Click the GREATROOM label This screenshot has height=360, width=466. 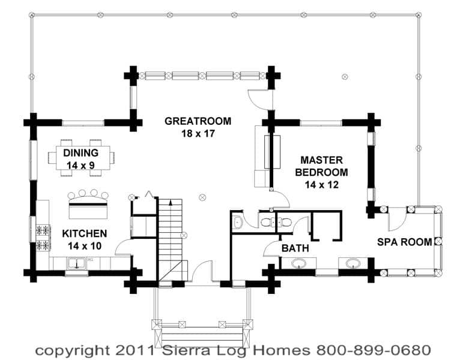coord(198,121)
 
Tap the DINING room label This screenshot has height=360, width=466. coord(81,153)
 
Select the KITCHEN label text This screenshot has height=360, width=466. coord(85,233)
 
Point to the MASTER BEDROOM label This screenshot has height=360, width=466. coord(321,166)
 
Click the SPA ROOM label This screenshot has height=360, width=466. coord(405,242)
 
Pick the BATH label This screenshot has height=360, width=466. coord(295,248)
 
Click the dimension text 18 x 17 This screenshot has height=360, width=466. coord(198,134)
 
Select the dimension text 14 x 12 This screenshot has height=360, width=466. coord(321,185)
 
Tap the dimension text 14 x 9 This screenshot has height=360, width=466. coord(81,166)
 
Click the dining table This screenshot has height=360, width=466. coord(83,157)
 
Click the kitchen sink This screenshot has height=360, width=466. coord(77,263)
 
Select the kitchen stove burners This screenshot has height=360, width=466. coord(43,238)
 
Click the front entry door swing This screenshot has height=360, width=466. coord(202,272)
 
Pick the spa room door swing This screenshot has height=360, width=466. coord(398,219)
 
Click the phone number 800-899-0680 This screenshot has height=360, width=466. coord(374,350)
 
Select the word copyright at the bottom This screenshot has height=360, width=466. coord(73,352)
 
